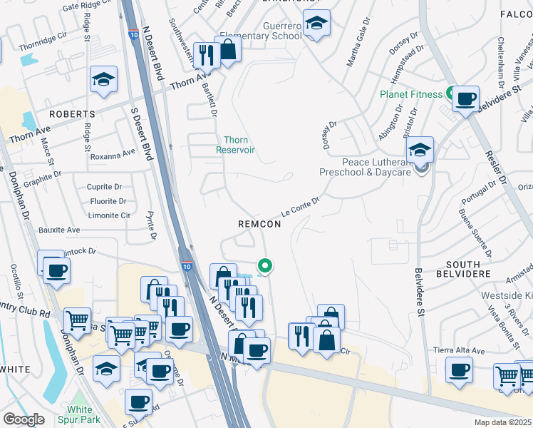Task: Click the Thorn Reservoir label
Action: [x=236, y=145]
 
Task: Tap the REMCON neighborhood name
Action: [x=259, y=224]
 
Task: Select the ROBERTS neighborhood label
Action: [x=72, y=114]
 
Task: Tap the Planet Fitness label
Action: [x=412, y=93]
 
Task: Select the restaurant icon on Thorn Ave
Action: [x=206, y=53]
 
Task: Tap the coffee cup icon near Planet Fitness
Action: [x=465, y=98]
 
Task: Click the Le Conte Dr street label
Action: [x=299, y=208]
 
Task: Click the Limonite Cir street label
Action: [x=109, y=215]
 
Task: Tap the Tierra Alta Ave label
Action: [x=459, y=351]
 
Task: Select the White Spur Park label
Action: [x=80, y=414]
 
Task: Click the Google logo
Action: [x=24, y=419]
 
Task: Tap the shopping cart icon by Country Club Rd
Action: [x=78, y=320]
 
